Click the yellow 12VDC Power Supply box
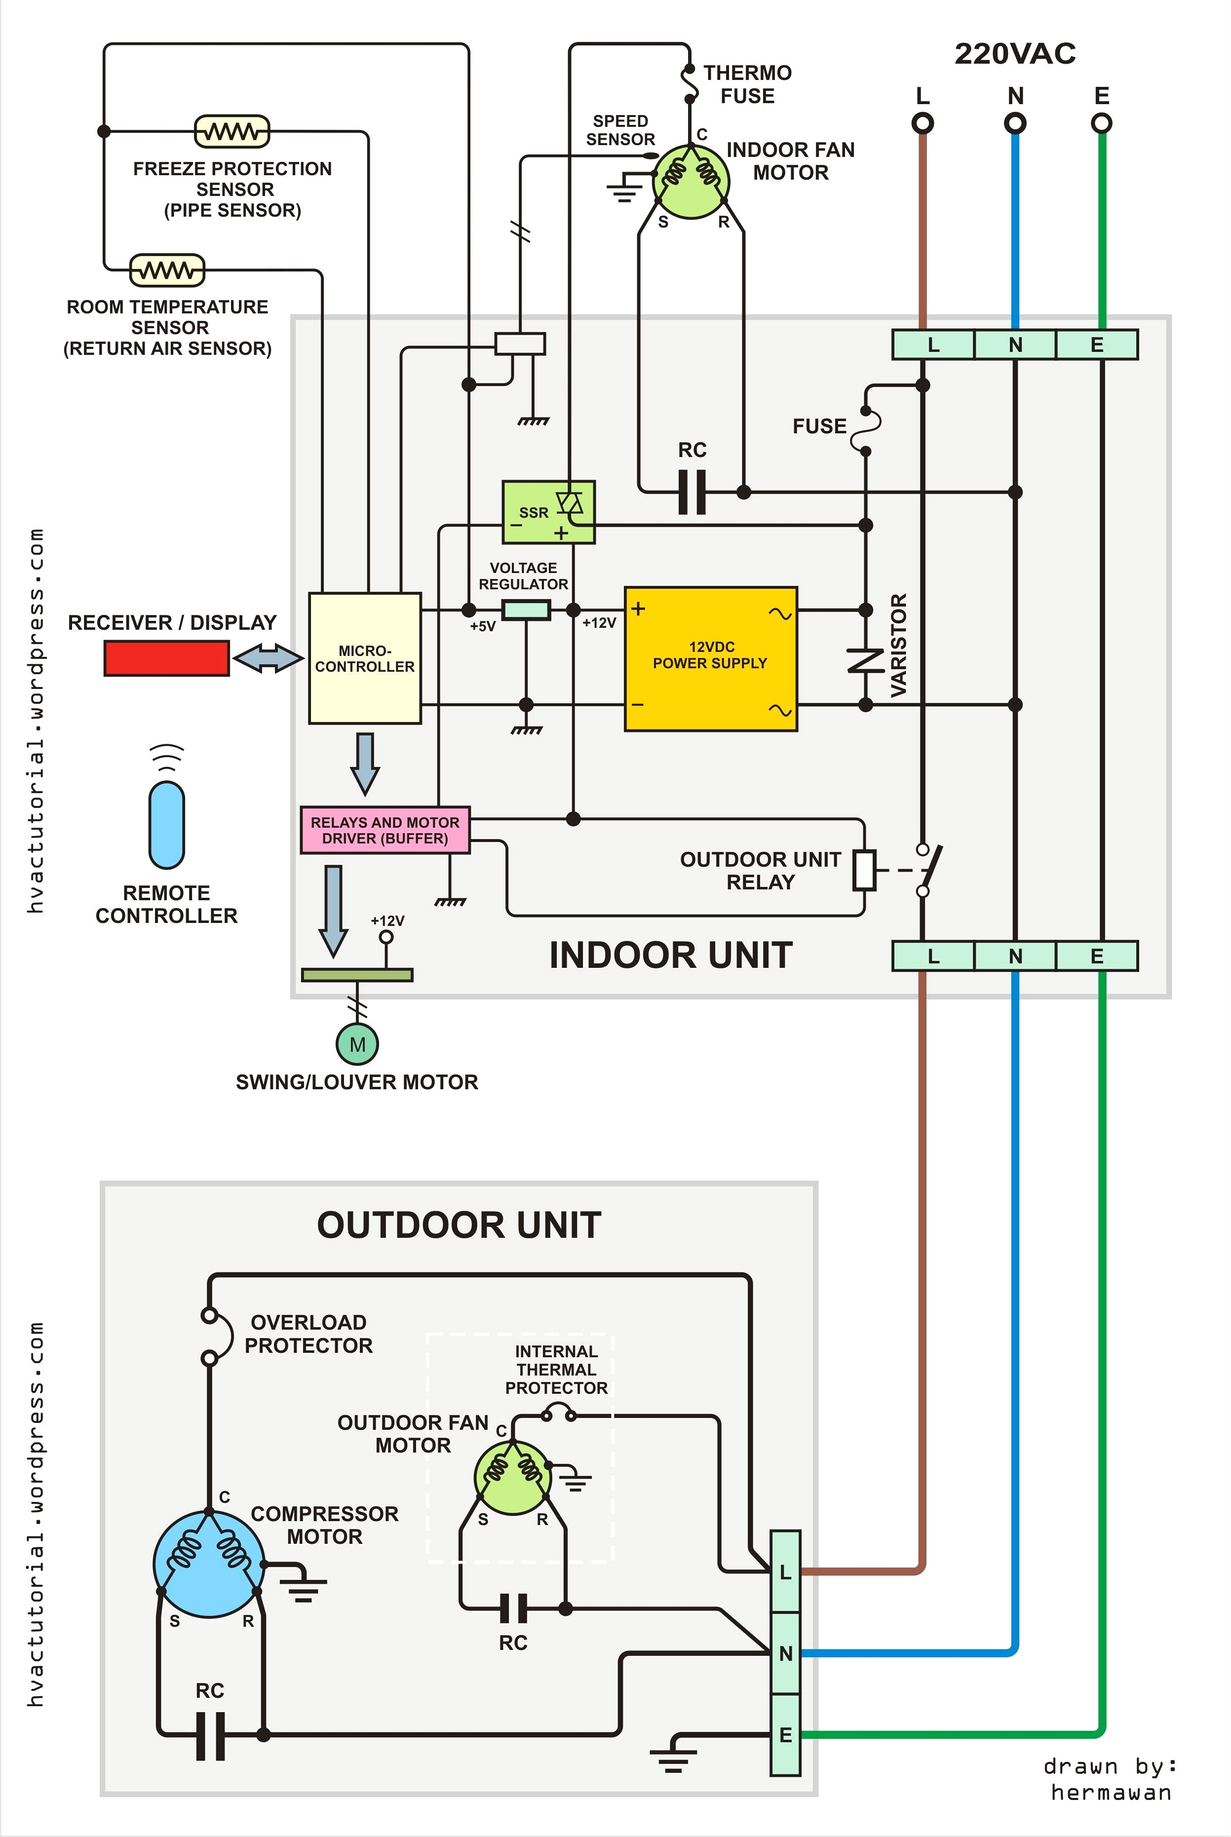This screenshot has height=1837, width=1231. tap(710, 659)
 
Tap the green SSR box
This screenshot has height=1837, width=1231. tap(548, 512)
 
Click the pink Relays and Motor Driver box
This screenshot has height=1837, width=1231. tap(385, 830)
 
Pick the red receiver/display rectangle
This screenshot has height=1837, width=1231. tap(166, 658)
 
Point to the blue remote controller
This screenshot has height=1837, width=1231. tap(166, 824)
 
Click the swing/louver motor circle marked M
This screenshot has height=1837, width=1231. tap(357, 1044)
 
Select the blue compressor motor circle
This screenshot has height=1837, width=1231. tap(209, 1564)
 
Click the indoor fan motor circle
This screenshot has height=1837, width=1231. tap(691, 181)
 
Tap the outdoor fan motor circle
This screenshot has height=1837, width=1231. tap(513, 1478)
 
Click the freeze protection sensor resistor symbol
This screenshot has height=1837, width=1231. tap(231, 131)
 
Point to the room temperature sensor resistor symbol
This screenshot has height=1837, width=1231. tap(166, 270)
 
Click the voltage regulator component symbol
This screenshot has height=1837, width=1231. tap(525, 609)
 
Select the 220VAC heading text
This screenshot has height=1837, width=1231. tap(1014, 54)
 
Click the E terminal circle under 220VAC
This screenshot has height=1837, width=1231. tap(1102, 123)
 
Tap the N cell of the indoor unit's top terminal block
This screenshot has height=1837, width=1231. tap(1015, 344)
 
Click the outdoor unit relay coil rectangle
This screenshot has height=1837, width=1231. tap(864, 870)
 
